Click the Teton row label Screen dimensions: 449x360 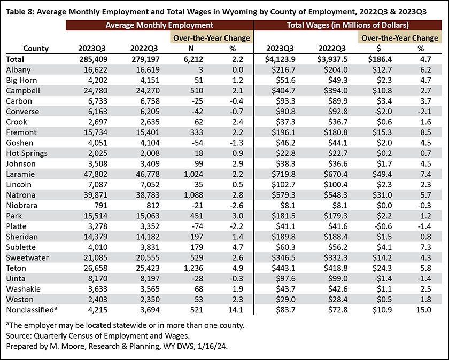point(16,268)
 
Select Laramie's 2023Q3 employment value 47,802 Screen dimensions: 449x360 point(96,174)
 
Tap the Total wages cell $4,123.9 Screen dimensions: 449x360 point(280,59)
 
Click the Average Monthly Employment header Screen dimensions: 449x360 point(159,25)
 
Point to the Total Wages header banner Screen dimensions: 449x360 point(347,25)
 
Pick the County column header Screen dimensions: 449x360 point(36,49)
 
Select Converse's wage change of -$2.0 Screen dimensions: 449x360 point(382,112)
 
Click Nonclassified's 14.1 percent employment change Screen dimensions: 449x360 point(236,310)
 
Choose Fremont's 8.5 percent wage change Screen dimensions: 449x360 point(425,132)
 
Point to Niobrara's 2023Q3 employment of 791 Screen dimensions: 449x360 point(100,206)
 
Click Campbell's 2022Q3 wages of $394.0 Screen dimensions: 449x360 point(336,91)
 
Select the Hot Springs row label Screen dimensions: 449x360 point(27,153)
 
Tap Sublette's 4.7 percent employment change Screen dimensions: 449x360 point(238,247)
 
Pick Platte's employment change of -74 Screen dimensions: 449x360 point(197,226)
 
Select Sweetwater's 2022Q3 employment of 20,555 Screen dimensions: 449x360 point(148,258)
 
